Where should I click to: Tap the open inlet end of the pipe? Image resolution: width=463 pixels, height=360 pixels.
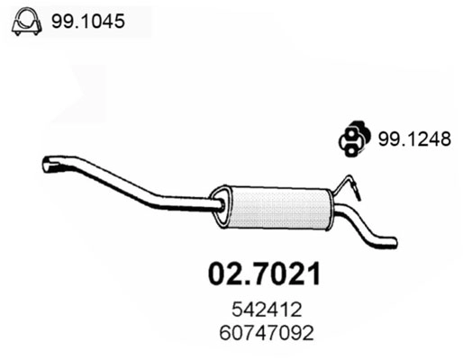click(x=48, y=164)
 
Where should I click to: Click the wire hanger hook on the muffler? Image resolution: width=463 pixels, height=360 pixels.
click(x=348, y=186)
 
